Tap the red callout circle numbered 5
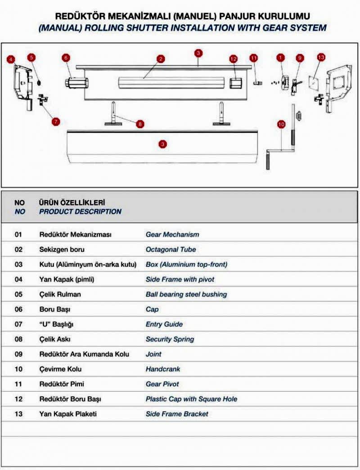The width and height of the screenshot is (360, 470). (x=31, y=58)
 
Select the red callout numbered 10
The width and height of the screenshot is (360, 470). (x=281, y=123)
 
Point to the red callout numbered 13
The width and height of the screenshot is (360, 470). (x=320, y=58)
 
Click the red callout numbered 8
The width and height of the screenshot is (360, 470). (x=140, y=123)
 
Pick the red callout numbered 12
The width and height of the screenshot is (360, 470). (x=233, y=59)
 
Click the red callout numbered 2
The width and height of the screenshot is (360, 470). (x=161, y=59)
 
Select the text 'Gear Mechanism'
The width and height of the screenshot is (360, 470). (x=172, y=234)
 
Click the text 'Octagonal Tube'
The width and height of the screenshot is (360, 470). (x=171, y=249)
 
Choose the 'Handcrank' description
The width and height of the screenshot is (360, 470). (x=162, y=369)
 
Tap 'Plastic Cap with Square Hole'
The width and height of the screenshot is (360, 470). (x=191, y=399)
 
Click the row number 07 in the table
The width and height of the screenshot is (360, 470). (x=18, y=324)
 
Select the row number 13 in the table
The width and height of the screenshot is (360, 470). (x=18, y=414)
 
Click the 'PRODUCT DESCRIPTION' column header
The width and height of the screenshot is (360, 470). (x=80, y=211)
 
